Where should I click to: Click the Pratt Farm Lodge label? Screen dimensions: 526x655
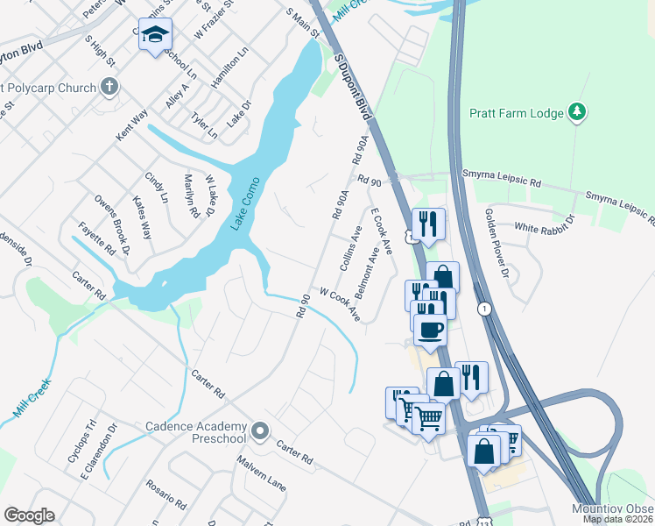(x=517, y=112)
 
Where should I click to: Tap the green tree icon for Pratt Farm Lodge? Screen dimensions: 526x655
(x=576, y=111)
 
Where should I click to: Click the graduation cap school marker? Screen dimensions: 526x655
(x=156, y=34)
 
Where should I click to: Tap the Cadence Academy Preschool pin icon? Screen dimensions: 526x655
(x=259, y=430)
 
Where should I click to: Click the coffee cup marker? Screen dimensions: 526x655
(x=429, y=330)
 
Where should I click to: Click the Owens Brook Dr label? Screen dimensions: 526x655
(x=113, y=224)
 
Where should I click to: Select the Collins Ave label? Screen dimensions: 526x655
(x=351, y=248)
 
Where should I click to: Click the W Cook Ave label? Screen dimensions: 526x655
(x=341, y=303)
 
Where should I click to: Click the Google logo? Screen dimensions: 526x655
(x=29, y=515)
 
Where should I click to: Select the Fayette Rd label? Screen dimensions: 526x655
(x=96, y=237)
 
